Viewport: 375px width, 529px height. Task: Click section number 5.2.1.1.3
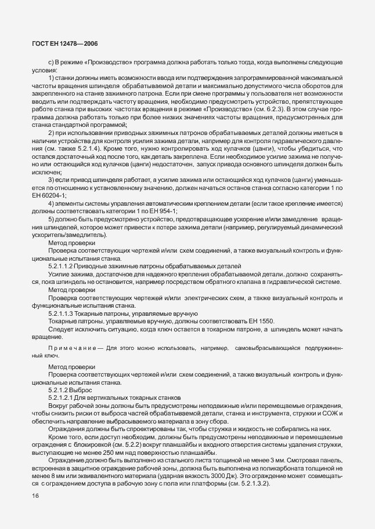65,312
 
